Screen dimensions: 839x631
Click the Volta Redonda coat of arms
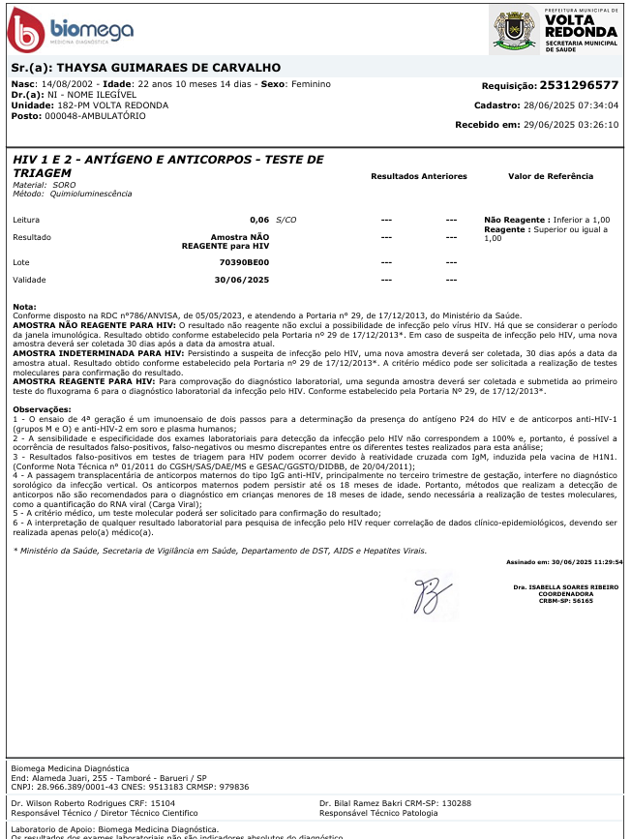coord(513,28)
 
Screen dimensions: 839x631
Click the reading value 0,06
coord(259,220)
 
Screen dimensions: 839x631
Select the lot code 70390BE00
coord(245,262)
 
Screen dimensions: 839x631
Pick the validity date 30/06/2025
coord(242,280)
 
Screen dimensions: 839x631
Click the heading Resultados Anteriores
coord(419,176)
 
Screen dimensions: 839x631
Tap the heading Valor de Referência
coord(551,176)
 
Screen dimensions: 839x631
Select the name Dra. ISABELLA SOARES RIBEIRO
coord(566,586)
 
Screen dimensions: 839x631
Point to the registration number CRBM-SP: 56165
coord(569,601)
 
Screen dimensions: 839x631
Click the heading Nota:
coord(24,307)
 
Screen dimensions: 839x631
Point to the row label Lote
coord(21,262)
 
